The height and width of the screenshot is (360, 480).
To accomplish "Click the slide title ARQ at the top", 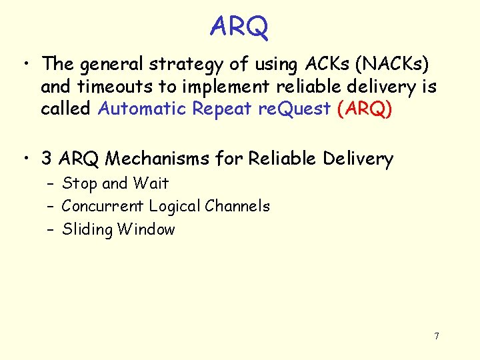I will click(239, 27).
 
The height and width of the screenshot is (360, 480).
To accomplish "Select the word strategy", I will click(179, 65).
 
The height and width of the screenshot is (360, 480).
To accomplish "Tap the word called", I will click(65, 109).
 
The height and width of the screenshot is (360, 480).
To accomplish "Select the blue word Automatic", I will click(141, 109).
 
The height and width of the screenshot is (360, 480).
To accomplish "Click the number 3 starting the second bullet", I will click(47, 159).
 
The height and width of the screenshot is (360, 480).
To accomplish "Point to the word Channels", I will click(237, 206).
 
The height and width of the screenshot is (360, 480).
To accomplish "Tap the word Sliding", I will click(87, 230).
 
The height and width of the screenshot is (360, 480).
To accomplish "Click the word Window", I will click(146, 229).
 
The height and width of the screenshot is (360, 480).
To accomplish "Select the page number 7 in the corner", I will click(437, 336).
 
